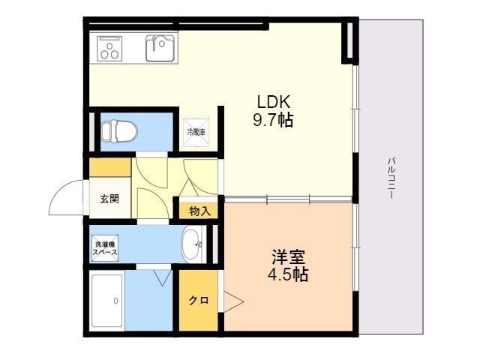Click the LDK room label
click(273, 102)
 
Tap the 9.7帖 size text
click(273, 120)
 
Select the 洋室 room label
click(289, 257)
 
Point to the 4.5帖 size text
click(288, 274)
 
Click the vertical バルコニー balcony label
click(391, 178)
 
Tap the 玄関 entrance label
click(109, 199)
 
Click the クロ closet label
click(199, 300)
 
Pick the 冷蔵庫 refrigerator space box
click(196, 133)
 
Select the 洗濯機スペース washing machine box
click(105, 248)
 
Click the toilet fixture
click(119, 132)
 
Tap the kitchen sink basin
click(160, 48)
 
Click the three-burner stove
click(109, 48)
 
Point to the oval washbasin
click(192, 244)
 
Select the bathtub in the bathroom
click(106, 301)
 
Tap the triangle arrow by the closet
click(234, 302)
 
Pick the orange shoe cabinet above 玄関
click(110, 167)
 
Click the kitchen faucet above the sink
click(155, 43)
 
